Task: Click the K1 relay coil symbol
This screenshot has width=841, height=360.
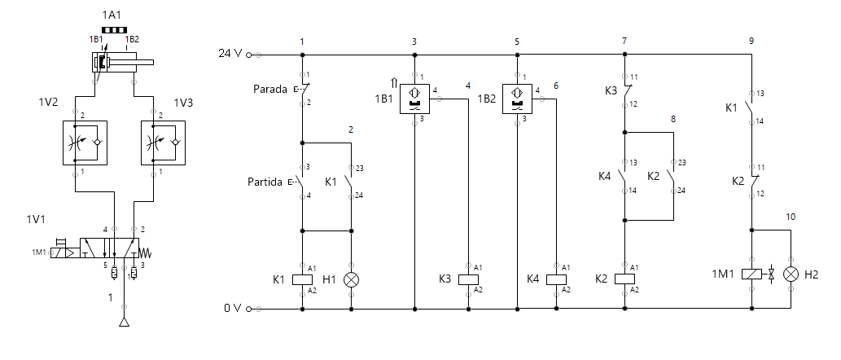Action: click(302, 279)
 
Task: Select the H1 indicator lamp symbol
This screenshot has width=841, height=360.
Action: click(352, 279)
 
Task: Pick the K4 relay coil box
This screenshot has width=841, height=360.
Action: click(556, 279)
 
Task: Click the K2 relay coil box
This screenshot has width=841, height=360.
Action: click(624, 279)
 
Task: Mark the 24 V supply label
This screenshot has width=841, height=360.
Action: click(230, 54)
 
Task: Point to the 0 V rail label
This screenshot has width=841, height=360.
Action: click(233, 309)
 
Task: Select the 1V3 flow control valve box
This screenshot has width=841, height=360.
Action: click(162, 143)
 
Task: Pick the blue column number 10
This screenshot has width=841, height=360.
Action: click(791, 217)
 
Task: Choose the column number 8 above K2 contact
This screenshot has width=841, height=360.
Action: click(673, 119)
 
